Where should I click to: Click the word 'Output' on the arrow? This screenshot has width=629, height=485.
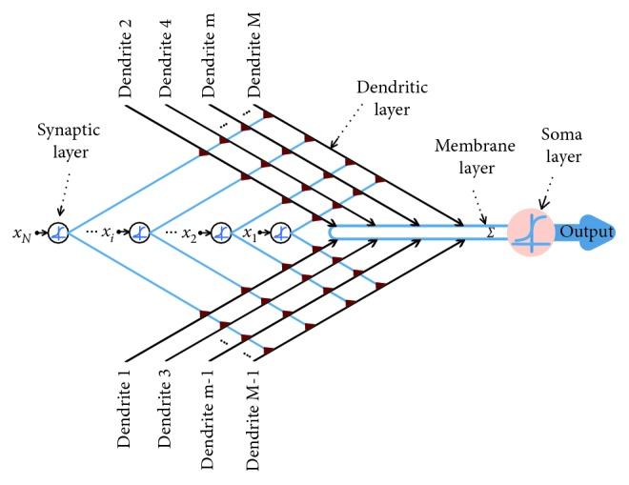coord(586,232)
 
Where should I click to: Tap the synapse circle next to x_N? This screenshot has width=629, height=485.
coord(58,232)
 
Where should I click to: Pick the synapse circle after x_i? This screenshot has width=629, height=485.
coord(139,232)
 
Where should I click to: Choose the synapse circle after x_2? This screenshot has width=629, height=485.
coord(220,232)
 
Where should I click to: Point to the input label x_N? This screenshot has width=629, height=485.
coord(21,233)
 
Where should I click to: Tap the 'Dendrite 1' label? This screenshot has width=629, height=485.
coord(126,414)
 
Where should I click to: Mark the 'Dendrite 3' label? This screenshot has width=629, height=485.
coord(168,414)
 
